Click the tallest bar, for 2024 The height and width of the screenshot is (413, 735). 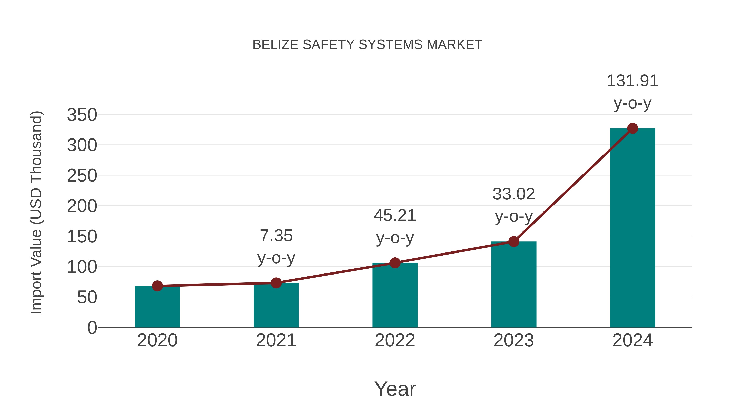633,228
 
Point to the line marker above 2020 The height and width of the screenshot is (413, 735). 157,286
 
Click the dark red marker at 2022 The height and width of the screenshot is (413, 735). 395,263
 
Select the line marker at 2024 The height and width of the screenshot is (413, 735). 633,128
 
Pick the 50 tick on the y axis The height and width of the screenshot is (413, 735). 87,298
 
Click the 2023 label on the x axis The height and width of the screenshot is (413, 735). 514,340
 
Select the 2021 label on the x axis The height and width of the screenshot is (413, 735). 276,340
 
